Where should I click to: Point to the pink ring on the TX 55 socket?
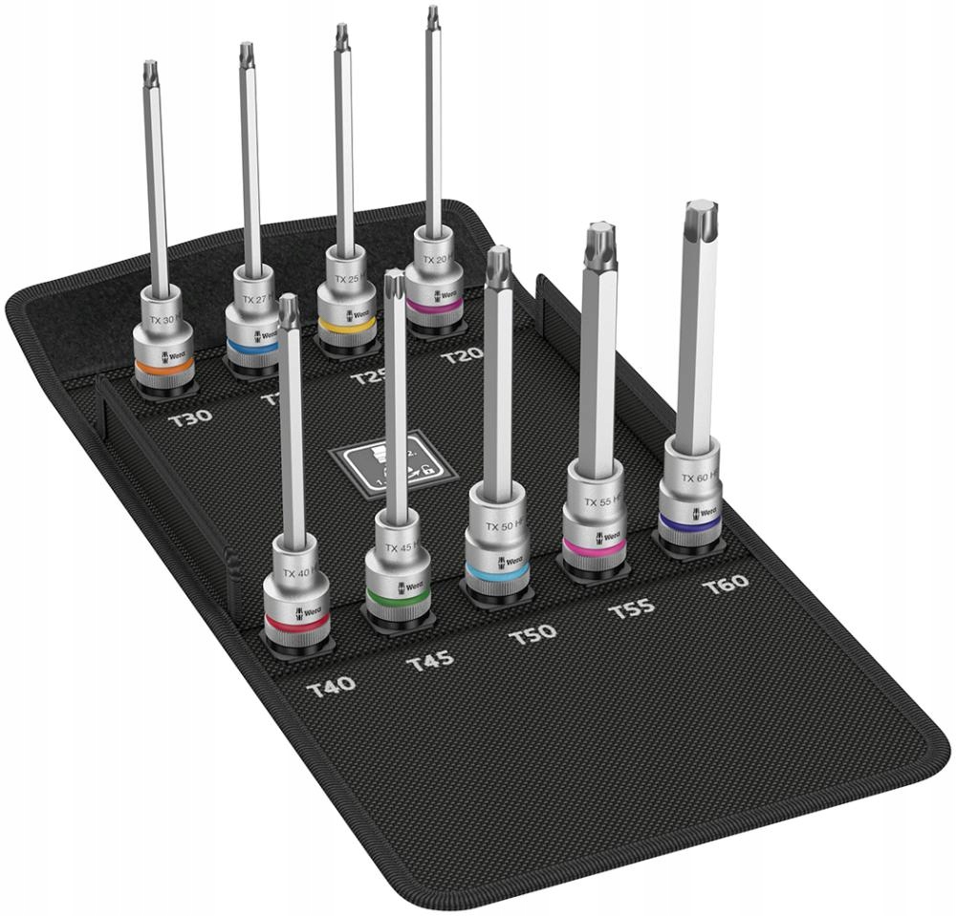[x=593, y=545]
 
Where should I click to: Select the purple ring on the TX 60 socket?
[x=690, y=522]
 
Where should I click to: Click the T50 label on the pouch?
[x=532, y=633]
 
